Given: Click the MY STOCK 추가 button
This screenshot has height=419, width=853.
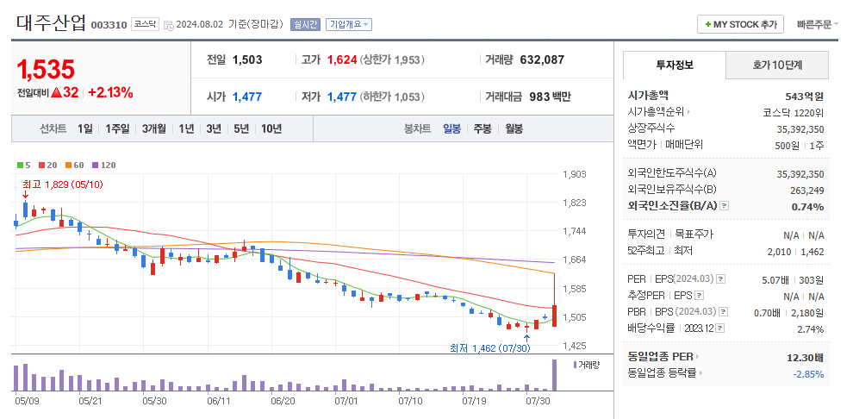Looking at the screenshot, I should pos(740,24).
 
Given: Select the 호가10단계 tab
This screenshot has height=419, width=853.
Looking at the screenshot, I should pos(777,65).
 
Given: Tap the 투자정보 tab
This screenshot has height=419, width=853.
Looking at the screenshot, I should pos(674,65).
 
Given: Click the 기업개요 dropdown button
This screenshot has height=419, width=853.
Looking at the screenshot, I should pos(349,24).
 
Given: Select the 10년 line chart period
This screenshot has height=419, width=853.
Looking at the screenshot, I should pos(271,128).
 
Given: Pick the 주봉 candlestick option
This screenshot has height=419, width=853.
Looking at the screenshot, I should pos(482,128).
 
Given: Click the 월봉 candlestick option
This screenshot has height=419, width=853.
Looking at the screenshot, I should pos(514,128).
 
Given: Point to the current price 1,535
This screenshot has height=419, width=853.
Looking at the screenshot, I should pos(46,69).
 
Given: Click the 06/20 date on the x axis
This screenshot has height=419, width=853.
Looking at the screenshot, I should pos(283,401).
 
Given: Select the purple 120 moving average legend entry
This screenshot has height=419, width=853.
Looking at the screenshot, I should pos(103,165).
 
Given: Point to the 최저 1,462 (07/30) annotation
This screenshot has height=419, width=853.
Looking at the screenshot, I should pos(489,347).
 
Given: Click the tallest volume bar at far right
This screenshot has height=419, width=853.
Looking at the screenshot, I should pos(554,375).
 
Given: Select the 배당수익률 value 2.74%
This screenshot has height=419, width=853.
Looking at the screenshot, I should pos(810,328).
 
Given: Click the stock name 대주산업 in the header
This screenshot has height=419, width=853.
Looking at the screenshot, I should pos(51,23).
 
